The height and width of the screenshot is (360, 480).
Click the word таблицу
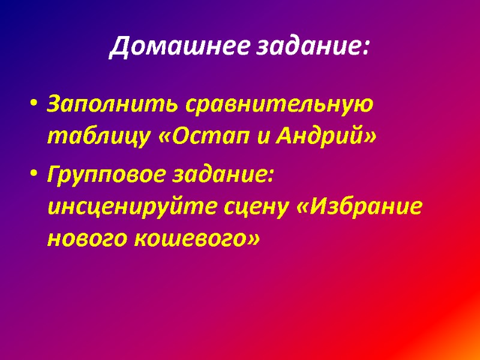coord(97,137)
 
